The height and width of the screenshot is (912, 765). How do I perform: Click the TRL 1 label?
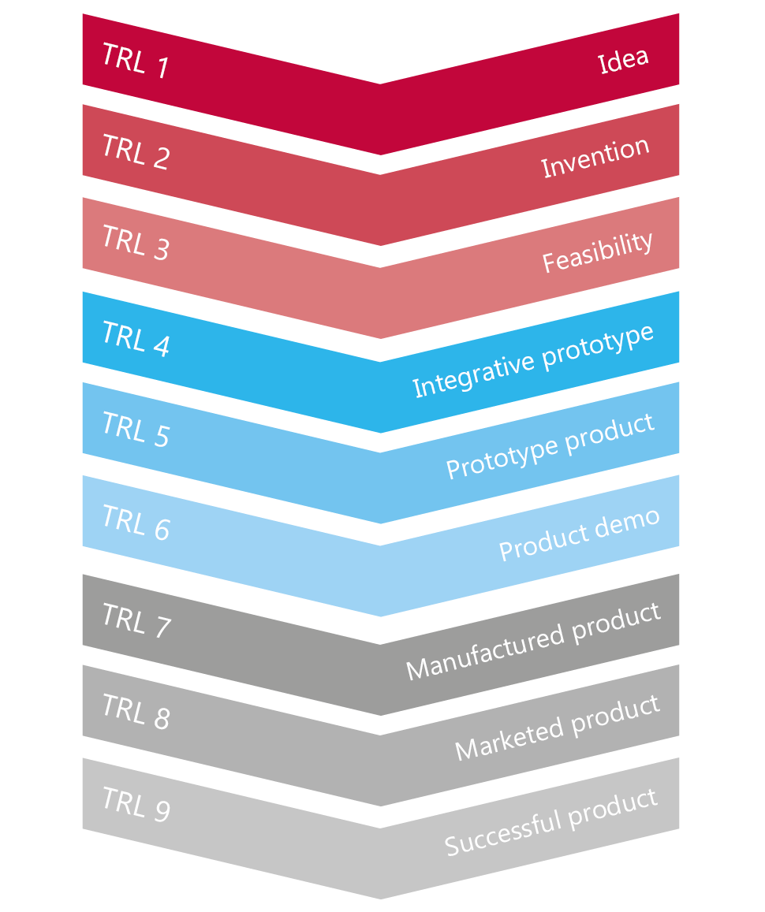[x=136, y=60]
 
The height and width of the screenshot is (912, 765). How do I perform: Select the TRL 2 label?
[x=136, y=151]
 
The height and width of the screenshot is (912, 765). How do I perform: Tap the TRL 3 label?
[x=136, y=242]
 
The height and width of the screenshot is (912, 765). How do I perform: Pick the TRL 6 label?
[x=136, y=522]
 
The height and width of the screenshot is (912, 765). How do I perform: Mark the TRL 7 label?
[x=136, y=620]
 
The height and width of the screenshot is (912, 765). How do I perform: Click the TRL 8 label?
[x=136, y=711]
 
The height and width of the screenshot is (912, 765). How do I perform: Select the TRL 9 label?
[x=136, y=804]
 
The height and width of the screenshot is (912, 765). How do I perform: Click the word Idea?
[x=623, y=60]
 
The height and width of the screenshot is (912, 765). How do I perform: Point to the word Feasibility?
[x=598, y=251]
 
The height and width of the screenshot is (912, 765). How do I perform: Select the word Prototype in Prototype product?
[x=502, y=458]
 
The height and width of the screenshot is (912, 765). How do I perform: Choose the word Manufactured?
[x=485, y=652]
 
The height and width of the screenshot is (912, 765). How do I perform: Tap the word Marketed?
[x=509, y=737]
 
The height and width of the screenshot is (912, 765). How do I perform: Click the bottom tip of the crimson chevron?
[x=380, y=155]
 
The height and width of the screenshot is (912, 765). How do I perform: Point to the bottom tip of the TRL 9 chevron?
[x=380, y=899]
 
